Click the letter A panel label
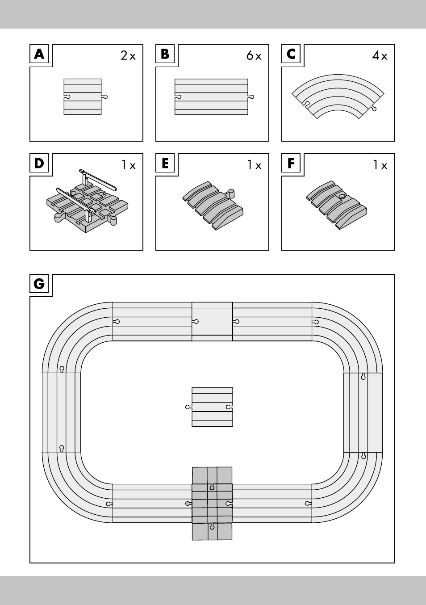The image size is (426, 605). point(39,55)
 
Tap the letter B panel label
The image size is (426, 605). point(165,55)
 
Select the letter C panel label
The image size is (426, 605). point(291,55)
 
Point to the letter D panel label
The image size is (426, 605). point(39,164)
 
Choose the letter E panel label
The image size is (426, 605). point(165,164)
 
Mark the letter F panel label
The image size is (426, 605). point(291,164)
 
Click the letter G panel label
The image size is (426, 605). point(39,284)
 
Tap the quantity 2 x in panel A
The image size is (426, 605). point(128,56)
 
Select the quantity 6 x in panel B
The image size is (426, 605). point(254,56)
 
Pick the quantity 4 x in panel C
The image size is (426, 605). point(380,56)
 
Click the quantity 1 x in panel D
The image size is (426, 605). point(129,165)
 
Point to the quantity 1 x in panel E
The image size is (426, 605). point(255,165)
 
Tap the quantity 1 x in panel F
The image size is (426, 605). point(380,165)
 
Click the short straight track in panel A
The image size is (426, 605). point(83,97)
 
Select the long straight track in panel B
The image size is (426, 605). point(211,97)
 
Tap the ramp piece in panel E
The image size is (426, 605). point(213,206)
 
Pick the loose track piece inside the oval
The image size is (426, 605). point(212,407)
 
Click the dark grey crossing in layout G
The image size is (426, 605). point(212,504)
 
